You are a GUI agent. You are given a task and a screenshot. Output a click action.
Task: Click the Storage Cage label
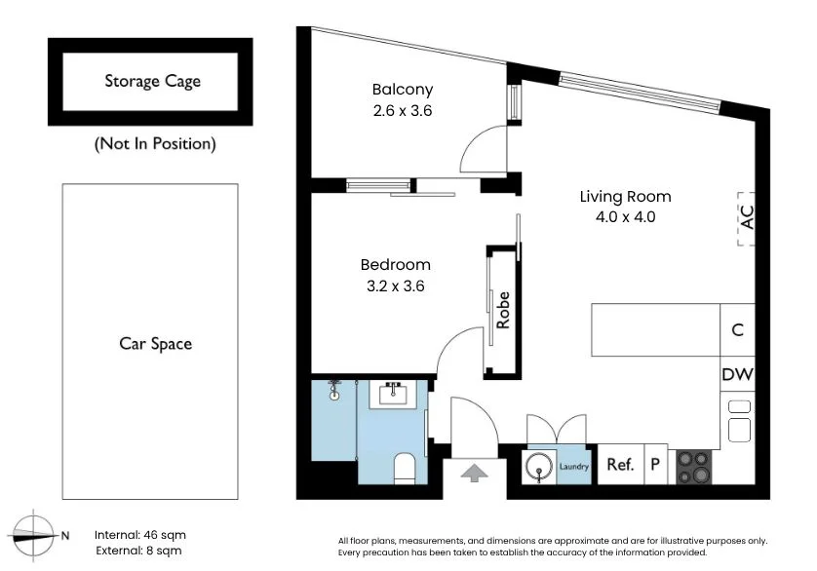click(x=153, y=81)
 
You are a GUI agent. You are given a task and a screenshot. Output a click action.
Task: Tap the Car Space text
click(x=155, y=344)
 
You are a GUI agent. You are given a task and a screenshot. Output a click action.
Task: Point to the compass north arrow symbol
click(x=32, y=535)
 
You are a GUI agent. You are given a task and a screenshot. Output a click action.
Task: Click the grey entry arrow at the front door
click(x=474, y=474)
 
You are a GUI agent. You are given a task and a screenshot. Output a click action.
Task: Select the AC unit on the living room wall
click(x=746, y=218)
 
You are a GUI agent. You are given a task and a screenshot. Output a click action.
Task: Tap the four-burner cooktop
click(x=694, y=468)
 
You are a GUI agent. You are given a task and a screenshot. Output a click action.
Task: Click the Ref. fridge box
click(x=621, y=464)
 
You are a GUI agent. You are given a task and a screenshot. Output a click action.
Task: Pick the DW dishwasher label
click(x=738, y=374)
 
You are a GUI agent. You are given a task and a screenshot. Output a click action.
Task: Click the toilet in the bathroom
click(x=405, y=469)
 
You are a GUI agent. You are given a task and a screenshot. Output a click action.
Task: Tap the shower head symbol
click(x=334, y=391)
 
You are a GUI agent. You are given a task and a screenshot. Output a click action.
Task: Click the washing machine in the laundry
click(x=539, y=467)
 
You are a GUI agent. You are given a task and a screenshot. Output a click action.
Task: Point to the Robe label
click(x=503, y=310)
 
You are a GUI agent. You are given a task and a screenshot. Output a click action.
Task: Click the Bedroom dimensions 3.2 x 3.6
click(x=396, y=286)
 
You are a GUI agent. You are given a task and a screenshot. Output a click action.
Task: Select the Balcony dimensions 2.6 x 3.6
click(x=403, y=110)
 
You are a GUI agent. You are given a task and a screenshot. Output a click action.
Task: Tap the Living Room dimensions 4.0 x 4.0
click(x=625, y=216)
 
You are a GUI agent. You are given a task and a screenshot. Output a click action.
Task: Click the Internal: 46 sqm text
click(x=140, y=535)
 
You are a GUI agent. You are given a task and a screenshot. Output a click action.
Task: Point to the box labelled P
click(x=656, y=464)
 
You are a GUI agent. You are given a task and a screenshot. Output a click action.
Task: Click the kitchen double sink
click(x=739, y=420)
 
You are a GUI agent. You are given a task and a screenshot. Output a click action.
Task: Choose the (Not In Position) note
click(x=155, y=144)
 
